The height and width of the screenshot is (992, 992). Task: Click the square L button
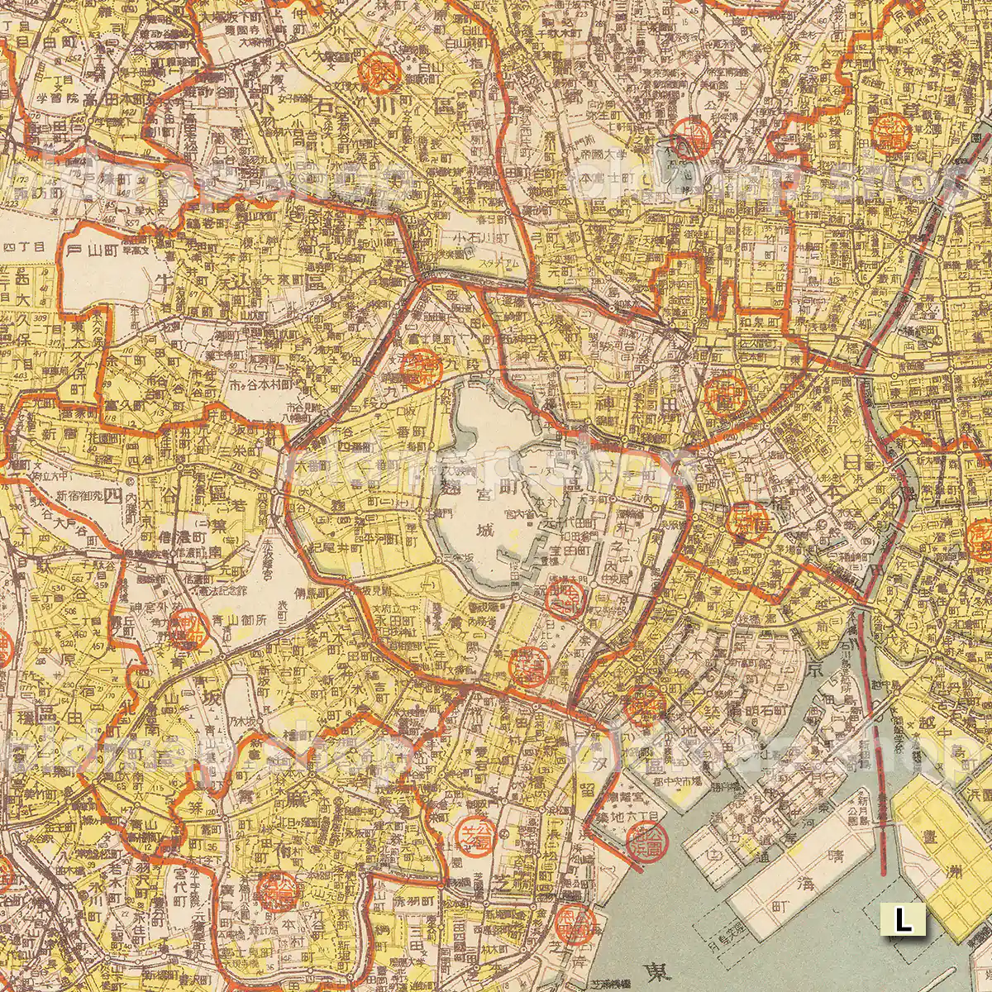pyautogui.click(x=904, y=919)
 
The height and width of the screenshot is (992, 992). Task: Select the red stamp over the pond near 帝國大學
pyautogui.click(x=689, y=138)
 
